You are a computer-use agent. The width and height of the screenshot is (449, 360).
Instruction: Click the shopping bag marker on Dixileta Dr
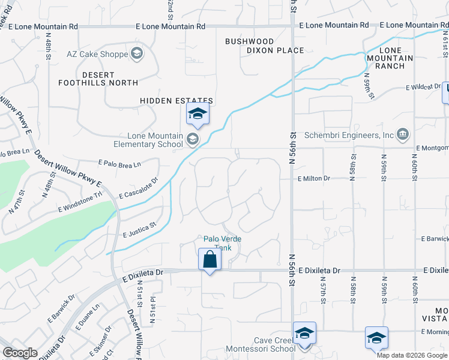(209, 260)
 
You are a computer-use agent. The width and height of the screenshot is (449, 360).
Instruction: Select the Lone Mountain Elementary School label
(149, 140)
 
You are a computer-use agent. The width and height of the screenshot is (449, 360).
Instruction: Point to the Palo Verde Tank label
(222, 242)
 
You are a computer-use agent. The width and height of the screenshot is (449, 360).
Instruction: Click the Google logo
(20, 353)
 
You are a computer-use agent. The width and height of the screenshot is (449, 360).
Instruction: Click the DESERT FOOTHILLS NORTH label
(98, 79)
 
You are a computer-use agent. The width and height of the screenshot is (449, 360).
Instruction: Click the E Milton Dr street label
(313, 178)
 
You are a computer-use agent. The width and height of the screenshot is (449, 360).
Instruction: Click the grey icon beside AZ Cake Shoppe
(137, 55)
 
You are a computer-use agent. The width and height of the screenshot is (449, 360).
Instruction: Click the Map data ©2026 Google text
(412, 355)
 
